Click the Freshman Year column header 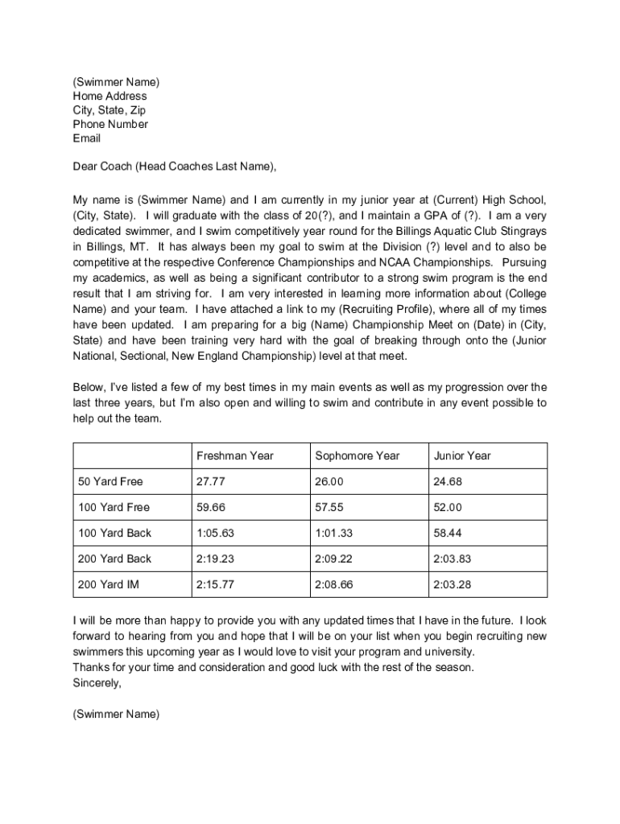tap(234, 456)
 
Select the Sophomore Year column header tap(357, 456)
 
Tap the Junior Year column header tap(461, 456)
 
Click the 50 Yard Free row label tap(110, 482)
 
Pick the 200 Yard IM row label tap(108, 585)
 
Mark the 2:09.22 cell tap(333, 559)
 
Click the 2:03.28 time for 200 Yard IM tap(452, 585)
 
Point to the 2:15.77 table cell tap(215, 585)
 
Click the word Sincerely tap(97, 682)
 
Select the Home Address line tap(110, 97)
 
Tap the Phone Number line tap(110, 125)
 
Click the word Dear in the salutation tap(85, 167)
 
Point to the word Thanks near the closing tap(90, 668)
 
